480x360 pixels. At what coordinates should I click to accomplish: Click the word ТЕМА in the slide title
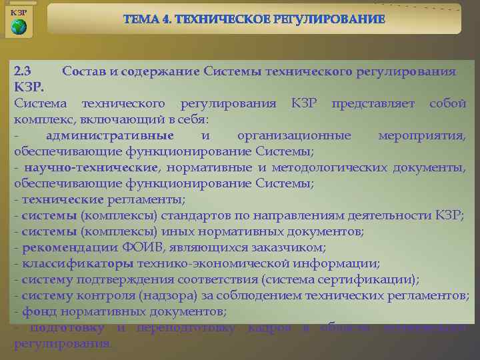click(x=141, y=20)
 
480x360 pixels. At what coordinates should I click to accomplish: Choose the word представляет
click(x=374, y=103)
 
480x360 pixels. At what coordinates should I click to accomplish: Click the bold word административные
click(x=110, y=135)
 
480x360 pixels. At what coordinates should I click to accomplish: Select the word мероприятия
click(x=422, y=135)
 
